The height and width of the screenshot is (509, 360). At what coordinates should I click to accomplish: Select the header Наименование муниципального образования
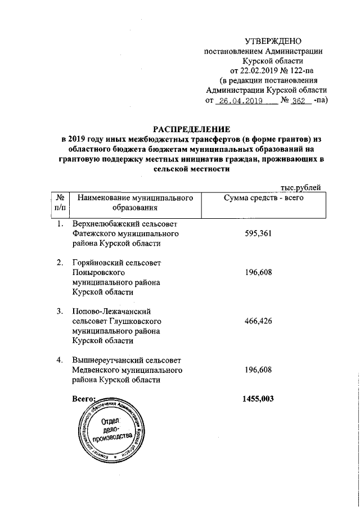coord(131,203)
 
